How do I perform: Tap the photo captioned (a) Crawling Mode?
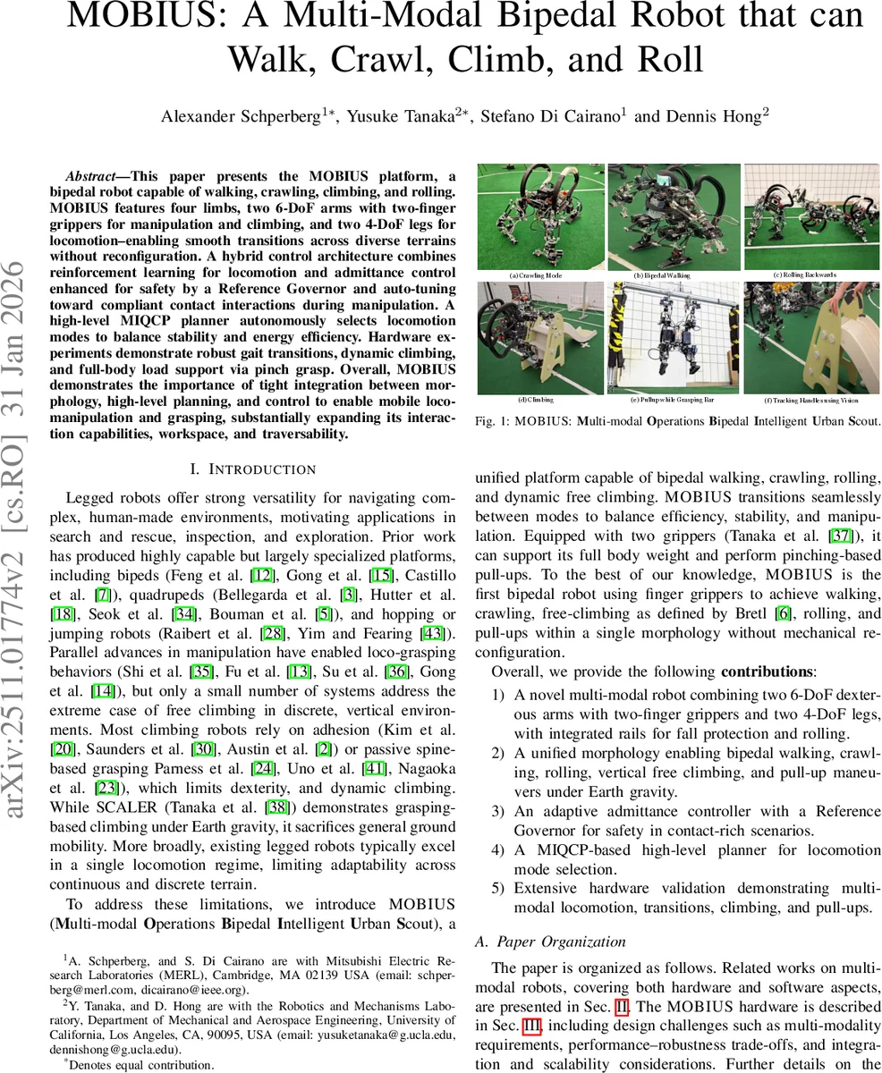(539, 217)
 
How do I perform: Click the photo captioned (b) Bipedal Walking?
(674, 217)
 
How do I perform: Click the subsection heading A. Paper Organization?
(550, 941)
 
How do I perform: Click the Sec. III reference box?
(530, 1025)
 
